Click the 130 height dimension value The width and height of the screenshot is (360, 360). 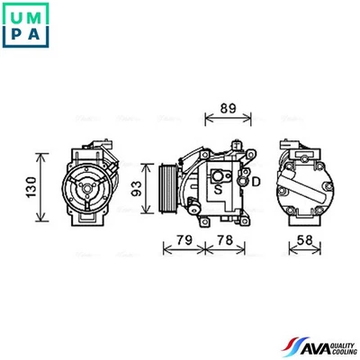(x=30, y=187)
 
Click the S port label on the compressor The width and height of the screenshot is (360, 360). (x=218, y=190)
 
